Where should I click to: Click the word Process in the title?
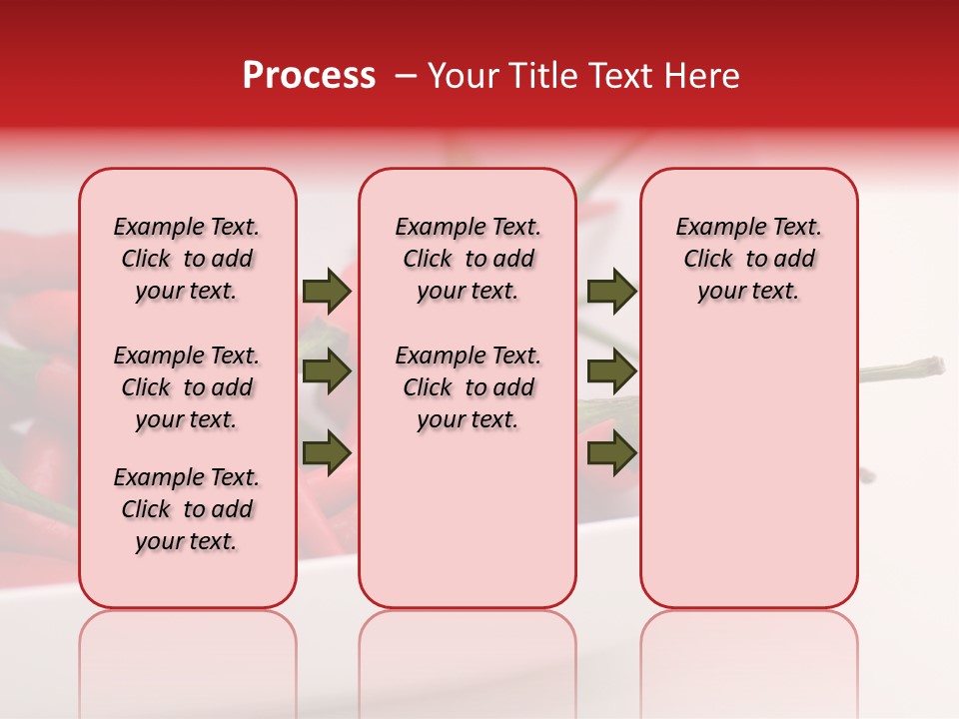pos(309,76)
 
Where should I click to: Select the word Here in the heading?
pos(703,76)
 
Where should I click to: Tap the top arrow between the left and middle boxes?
pos(327,292)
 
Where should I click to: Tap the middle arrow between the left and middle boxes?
pos(327,372)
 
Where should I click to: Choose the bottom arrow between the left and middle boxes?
pos(327,453)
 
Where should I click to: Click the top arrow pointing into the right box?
pos(611,292)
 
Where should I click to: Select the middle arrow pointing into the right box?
pos(611,372)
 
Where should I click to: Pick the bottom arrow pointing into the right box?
pos(611,453)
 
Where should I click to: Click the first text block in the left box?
pos(187,259)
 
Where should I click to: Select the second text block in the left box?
pos(187,387)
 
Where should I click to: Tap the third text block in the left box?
pos(187,509)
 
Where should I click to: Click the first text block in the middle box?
pos(469,259)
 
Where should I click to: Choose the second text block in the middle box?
pos(469,387)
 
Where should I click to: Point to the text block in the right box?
pos(748,259)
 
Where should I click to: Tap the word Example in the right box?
pos(712,227)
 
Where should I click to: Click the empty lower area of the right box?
pos(748,479)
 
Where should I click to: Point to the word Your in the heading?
pos(460,76)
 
